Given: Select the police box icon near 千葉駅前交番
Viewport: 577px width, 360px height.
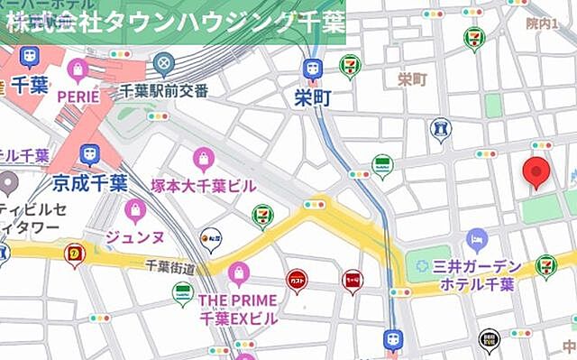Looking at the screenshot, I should [163, 64].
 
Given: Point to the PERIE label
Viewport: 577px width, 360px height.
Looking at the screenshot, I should [78, 94].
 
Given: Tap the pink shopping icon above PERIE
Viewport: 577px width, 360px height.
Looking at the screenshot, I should [78, 69].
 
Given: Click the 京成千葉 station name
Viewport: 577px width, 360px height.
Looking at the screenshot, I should [89, 183].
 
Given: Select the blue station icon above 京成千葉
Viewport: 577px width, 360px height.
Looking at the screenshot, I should [89, 155].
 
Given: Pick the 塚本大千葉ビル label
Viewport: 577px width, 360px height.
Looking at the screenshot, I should [204, 184].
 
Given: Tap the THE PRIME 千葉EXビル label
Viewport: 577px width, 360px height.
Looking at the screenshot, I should [238, 308].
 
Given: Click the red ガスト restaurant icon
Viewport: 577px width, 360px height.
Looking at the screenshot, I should [297, 282].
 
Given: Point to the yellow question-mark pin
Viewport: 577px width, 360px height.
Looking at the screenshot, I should [74, 255].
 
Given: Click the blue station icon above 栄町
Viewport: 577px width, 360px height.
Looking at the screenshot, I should [313, 69].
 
